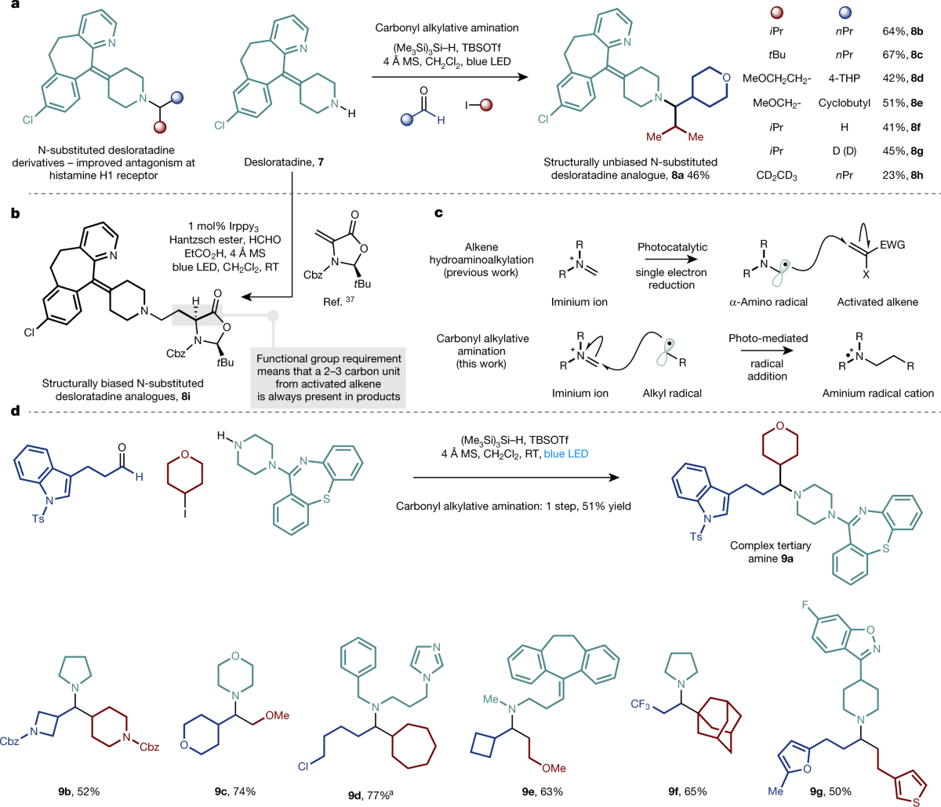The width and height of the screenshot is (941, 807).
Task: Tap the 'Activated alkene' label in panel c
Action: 877,302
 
